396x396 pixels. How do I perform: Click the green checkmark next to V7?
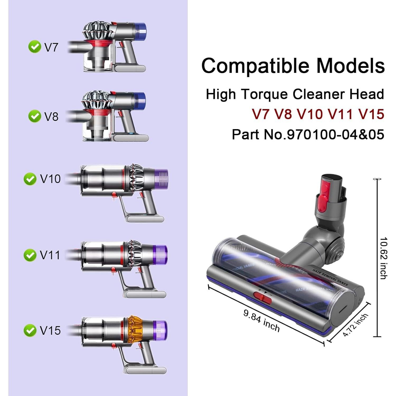pyautogui.click(x=35, y=47)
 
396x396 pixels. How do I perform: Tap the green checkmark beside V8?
pyautogui.click(x=35, y=116)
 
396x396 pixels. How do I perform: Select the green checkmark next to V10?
pyautogui.click(x=30, y=179)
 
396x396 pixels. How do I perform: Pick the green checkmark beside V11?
pyautogui.click(x=30, y=255)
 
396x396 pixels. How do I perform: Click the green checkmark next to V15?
pyautogui.click(x=30, y=331)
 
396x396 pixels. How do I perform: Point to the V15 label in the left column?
pyautogui.click(x=50, y=331)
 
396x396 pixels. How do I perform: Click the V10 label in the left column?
pyautogui.click(x=50, y=179)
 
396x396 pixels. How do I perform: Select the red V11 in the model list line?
pyautogui.click(x=340, y=114)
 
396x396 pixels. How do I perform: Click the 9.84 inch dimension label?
pyautogui.click(x=261, y=320)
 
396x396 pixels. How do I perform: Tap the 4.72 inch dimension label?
pyautogui.click(x=355, y=325)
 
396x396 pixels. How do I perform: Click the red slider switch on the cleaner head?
pyautogui.click(x=262, y=298)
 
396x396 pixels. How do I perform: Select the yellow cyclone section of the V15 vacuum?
pyautogui.click(x=137, y=330)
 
